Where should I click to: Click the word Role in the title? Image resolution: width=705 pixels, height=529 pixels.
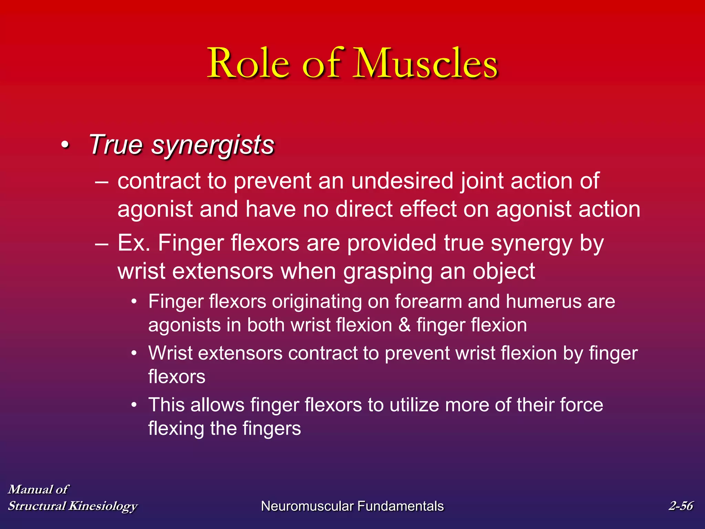pyautogui.click(x=248, y=64)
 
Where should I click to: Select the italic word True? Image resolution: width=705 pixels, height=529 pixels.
pyautogui.click(x=115, y=145)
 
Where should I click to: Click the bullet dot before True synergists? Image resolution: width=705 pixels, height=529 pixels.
pyautogui.click(x=65, y=145)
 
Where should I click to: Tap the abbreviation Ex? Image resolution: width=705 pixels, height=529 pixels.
pyautogui.click(x=134, y=243)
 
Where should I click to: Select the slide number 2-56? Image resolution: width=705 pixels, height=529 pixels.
pyautogui.click(x=681, y=506)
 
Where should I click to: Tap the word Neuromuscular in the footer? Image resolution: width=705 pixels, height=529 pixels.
pyautogui.click(x=307, y=506)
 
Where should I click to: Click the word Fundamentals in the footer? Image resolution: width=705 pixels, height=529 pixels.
pyautogui.click(x=400, y=506)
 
